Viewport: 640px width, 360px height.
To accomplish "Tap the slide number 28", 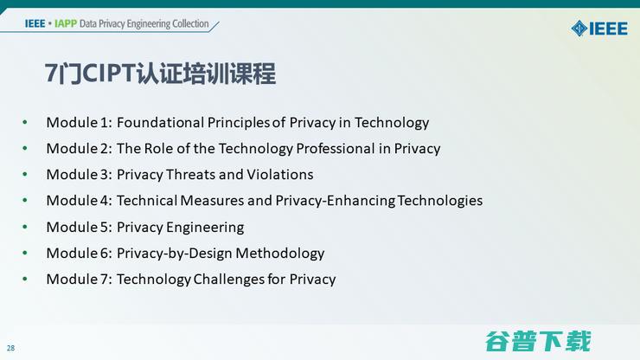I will pyautogui.click(x=10, y=348).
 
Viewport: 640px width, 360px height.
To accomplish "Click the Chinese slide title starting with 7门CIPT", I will pyautogui.click(x=161, y=74).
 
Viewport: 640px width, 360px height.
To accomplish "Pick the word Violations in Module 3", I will pyautogui.click(x=280, y=174).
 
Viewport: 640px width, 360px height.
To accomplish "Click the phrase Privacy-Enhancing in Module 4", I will pyautogui.click(x=336, y=200).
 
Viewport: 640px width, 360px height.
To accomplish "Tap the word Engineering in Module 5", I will pyautogui.click(x=205, y=227).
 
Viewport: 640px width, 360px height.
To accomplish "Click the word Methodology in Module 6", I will pyautogui.click(x=280, y=253).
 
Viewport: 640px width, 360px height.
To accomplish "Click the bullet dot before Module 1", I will pyautogui.click(x=25, y=122).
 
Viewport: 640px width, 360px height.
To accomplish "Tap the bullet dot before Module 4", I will pyautogui.click(x=25, y=200).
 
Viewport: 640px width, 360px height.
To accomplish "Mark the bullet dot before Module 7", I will pyautogui.click(x=25, y=279).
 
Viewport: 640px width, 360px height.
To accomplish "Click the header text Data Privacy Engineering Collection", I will pyautogui.click(x=144, y=23).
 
